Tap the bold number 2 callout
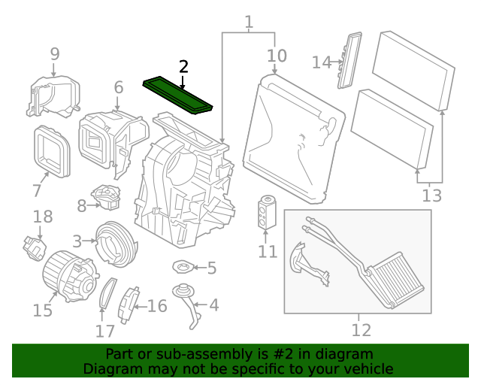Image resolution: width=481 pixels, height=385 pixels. pyautogui.click(x=183, y=67)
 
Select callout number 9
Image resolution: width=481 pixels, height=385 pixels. pyautogui.click(x=54, y=53)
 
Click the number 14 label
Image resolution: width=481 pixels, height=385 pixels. pyautogui.click(x=322, y=62)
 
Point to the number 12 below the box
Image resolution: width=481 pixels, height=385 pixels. pyautogui.click(x=361, y=329)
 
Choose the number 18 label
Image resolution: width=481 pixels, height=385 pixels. pyautogui.click(x=43, y=217)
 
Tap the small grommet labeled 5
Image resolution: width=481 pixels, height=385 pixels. pyautogui.click(x=183, y=267)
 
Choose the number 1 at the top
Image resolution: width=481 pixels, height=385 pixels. pyautogui.click(x=249, y=23)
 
